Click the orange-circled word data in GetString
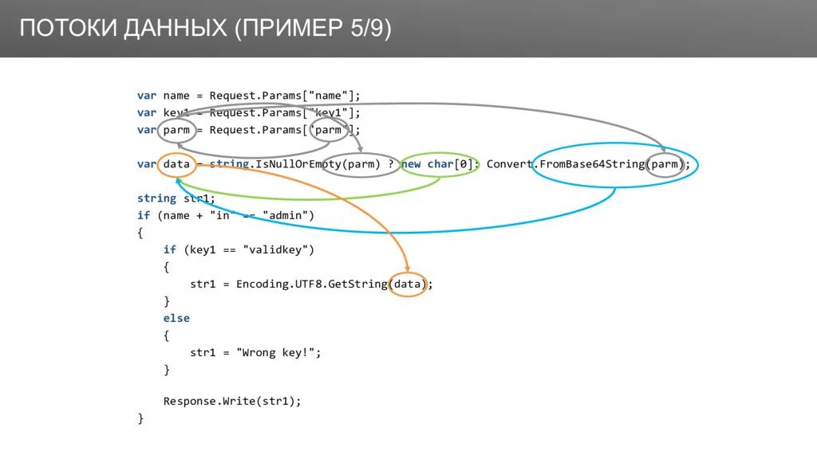(408, 284)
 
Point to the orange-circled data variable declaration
(176, 164)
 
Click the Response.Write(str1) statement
(232, 401)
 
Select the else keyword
(176, 318)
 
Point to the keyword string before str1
(156, 198)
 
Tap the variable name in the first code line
(176, 96)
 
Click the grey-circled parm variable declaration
(176, 130)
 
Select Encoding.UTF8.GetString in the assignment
(310, 284)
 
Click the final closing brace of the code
(140, 418)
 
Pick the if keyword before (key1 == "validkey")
(169, 249)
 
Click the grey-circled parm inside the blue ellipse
(665, 165)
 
